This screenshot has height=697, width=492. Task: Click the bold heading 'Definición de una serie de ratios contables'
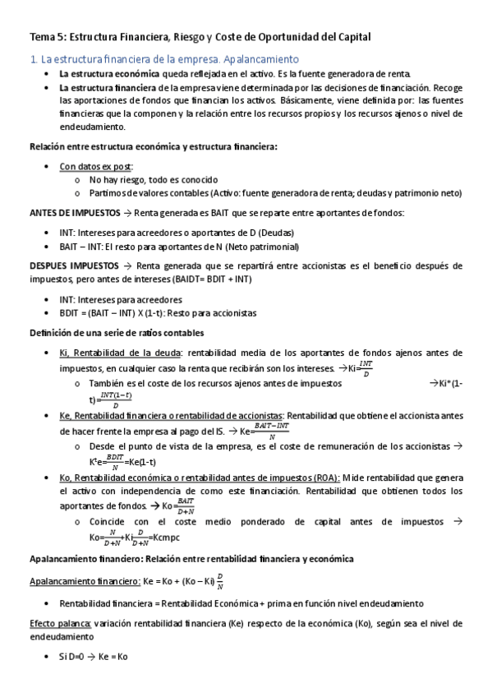(x=117, y=332)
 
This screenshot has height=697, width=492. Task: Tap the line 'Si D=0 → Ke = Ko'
(x=94, y=657)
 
